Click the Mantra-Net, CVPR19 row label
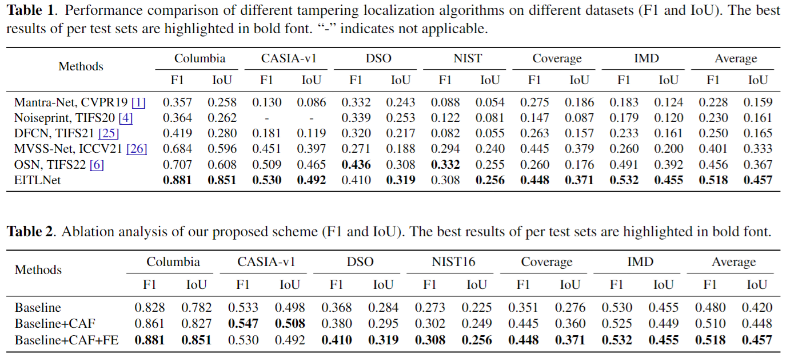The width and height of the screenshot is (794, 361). coord(73,103)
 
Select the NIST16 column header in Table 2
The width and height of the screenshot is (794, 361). coord(453,263)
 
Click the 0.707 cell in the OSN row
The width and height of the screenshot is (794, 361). coord(177,165)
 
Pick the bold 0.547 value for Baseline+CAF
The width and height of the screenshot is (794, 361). coord(243,324)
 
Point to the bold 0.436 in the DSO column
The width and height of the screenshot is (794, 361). coord(356,165)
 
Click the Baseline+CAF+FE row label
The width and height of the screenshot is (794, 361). coord(67,340)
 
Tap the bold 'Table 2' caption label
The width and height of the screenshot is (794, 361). coord(30,232)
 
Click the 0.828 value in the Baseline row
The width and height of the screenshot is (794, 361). coord(149,308)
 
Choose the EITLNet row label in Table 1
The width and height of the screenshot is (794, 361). coord(37,180)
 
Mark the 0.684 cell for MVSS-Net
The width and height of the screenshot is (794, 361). coord(177,149)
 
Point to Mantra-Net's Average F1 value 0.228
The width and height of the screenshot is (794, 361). coord(713,103)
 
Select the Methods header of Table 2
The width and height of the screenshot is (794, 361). coord(38,270)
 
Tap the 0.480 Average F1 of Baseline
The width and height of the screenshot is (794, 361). coord(709,308)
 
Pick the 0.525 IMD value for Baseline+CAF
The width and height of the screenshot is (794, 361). coord(616,324)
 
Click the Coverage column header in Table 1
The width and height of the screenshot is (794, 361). coord(557,59)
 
